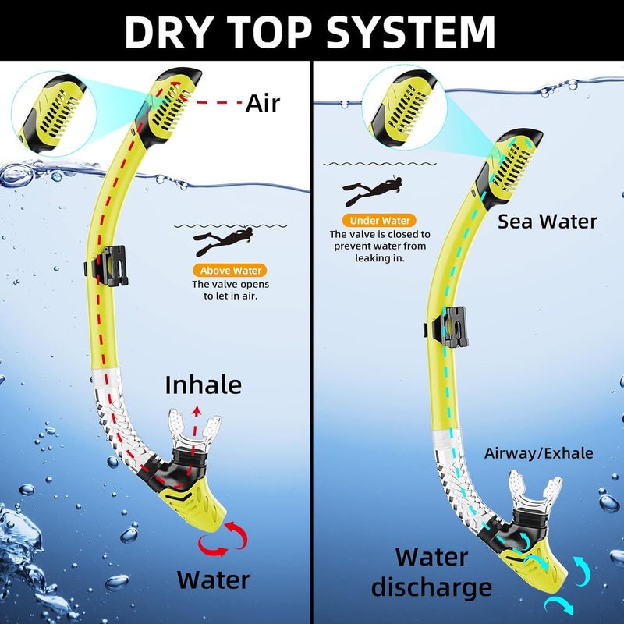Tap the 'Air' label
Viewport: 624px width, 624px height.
(263, 103)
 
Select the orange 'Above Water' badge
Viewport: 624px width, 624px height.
(230, 271)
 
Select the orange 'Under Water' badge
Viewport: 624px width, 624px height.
(379, 221)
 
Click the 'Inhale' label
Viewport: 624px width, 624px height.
(204, 385)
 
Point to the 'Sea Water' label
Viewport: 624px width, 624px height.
(548, 222)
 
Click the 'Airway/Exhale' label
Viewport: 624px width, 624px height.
(538, 453)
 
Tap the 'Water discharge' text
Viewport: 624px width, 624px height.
(432, 573)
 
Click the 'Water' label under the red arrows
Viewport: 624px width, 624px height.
(213, 580)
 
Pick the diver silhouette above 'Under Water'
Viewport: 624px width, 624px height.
(372, 190)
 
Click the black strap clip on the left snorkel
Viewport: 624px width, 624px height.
(108, 265)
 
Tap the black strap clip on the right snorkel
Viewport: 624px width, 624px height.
(447, 327)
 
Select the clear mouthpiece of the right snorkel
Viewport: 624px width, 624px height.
(535, 491)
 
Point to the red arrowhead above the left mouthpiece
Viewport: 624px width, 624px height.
(196, 411)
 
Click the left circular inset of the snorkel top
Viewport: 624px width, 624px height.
(54, 114)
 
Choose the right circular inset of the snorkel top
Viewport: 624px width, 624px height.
(404, 108)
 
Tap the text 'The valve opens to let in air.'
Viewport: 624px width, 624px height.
(230, 290)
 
